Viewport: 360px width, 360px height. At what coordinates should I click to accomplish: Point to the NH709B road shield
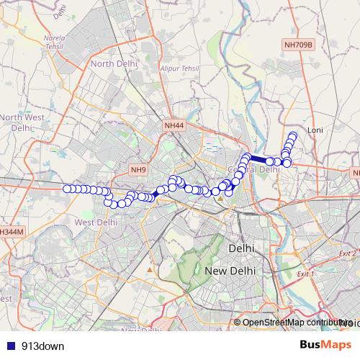click(x=297, y=45)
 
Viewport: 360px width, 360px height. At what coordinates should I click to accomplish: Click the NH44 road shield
click(x=174, y=125)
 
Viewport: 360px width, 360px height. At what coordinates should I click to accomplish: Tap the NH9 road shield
click(x=138, y=170)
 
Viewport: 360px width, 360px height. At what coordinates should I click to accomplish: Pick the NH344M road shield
click(x=11, y=232)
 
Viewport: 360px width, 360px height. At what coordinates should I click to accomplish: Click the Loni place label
click(x=315, y=130)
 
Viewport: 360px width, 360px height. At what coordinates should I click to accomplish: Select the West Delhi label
click(x=96, y=222)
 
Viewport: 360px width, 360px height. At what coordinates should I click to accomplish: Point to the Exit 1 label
click(x=305, y=274)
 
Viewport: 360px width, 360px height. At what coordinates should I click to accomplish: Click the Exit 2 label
click(x=348, y=253)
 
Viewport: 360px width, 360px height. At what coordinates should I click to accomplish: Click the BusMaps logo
click(x=325, y=346)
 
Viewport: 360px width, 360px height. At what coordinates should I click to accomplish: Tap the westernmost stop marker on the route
click(x=67, y=189)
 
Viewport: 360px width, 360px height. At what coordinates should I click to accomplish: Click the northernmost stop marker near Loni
click(x=293, y=136)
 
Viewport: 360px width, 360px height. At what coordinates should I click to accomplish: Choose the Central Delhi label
click(x=253, y=170)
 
